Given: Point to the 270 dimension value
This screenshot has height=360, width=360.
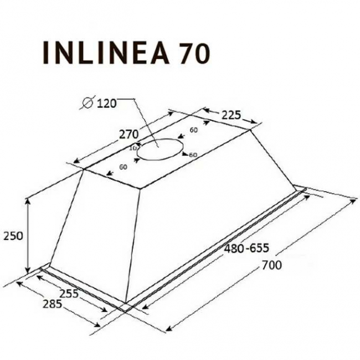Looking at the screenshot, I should [x=128, y=134].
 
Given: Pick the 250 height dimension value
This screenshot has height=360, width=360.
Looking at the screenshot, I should [x=13, y=236].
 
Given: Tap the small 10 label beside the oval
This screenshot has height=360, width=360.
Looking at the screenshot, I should [x=132, y=148].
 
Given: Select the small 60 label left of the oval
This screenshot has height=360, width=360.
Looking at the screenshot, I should [x=122, y=167].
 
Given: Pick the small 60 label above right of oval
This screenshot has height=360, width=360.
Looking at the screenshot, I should [x=193, y=130].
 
